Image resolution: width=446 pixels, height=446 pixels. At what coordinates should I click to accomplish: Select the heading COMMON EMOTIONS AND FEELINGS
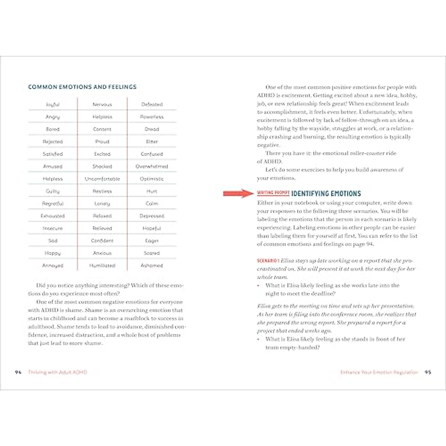(x=82, y=87)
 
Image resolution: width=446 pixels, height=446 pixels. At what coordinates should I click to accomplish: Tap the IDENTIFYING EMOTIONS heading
(x=326, y=194)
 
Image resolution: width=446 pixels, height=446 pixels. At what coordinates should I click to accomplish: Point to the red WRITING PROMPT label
(x=273, y=193)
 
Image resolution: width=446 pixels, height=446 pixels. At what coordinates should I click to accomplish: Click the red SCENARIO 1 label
(x=267, y=261)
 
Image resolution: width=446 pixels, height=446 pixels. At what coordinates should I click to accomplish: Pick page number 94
(x=18, y=372)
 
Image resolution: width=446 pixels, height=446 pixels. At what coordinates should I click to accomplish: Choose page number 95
(x=428, y=372)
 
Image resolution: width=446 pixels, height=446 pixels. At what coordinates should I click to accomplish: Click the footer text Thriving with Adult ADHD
(x=58, y=372)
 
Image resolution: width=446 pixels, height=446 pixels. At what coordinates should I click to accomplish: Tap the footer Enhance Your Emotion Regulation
(x=379, y=372)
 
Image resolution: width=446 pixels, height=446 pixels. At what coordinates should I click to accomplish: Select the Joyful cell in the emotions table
(x=53, y=104)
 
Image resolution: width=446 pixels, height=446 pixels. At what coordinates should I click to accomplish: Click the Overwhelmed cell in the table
(x=152, y=167)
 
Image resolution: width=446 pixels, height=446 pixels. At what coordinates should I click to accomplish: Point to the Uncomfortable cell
(x=102, y=179)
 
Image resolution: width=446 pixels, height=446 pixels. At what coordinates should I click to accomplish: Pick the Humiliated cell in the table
(x=102, y=266)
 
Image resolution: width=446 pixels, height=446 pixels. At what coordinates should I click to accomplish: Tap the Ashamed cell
(x=152, y=266)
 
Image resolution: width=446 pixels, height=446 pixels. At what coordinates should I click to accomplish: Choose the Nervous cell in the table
(x=102, y=104)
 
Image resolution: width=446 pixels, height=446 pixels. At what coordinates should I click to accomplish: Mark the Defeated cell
(x=152, y=104)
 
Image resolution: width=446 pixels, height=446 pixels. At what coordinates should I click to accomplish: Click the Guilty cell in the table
(x=53, y=191)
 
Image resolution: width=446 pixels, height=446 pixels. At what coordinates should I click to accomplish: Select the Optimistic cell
(x=152, y=179)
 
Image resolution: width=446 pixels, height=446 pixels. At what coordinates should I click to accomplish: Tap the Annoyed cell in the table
(x=53, y=266)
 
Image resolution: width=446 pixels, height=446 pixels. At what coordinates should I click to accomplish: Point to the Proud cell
(x=102, y=142)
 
